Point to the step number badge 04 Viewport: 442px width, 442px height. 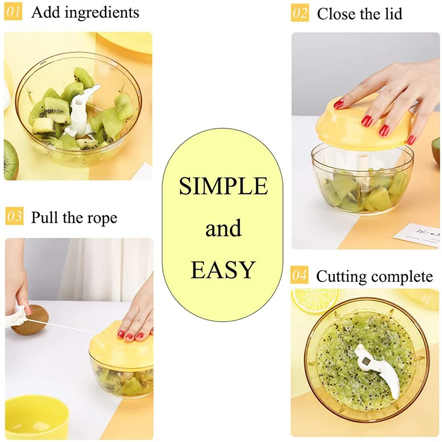(299, 275)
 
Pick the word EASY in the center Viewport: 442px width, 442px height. (223, 270)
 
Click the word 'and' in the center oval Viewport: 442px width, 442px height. (223, 228)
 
